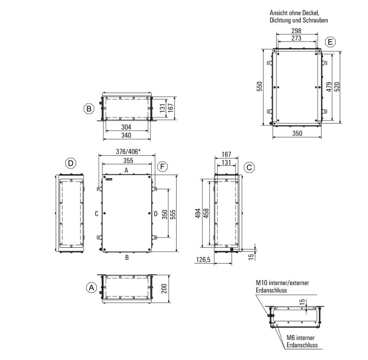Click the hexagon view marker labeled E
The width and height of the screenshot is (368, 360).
(x=330, y=42)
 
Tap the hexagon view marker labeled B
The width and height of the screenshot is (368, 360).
(x=89, y=109)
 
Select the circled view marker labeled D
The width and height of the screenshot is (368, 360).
(x=71, y=163)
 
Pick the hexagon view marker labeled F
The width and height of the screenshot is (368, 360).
(x=162, y=167)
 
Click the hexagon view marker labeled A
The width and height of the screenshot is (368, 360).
(x=92, y=287)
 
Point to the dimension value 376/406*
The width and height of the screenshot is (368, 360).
(x=128, y=152)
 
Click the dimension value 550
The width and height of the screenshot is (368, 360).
(x=259, y=86)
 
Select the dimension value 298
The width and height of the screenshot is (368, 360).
(x=296, y=31)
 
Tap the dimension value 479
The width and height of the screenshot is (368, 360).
(x=329, y=87)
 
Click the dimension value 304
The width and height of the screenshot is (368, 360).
(x=126, y=127)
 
